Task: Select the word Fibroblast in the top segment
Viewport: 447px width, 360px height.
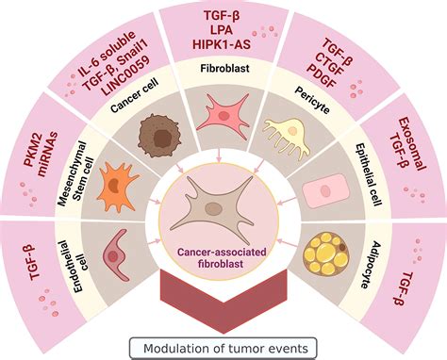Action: (223, 69)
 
